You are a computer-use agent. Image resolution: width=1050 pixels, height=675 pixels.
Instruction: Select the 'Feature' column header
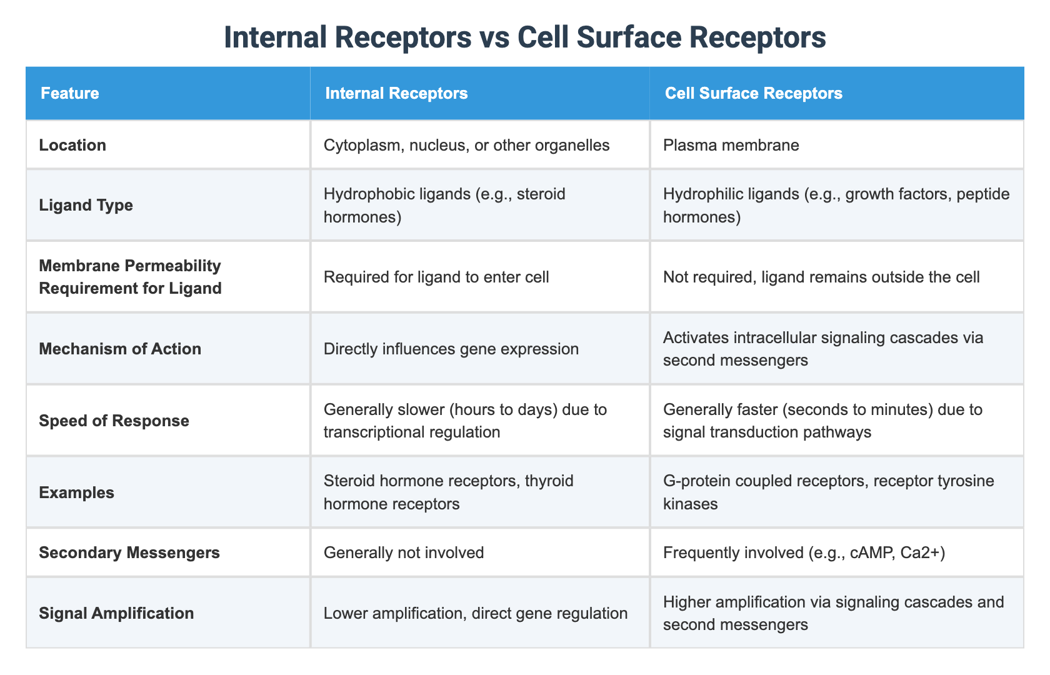coord(69,94)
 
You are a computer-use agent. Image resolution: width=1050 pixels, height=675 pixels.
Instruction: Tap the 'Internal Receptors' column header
coord(396,94)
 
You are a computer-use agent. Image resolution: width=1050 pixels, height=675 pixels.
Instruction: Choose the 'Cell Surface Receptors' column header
coord(753,94)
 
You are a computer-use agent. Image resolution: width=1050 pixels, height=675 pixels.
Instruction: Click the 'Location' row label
coord(72,146)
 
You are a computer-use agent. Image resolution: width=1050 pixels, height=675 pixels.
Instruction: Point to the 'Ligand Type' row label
coord(86,205)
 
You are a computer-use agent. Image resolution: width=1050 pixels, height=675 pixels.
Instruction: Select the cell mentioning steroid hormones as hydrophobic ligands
coord(444,205)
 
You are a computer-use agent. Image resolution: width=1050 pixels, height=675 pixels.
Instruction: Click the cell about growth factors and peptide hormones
coord(836,205)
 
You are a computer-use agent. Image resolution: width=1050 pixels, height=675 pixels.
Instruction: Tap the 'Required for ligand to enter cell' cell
coord(436,277)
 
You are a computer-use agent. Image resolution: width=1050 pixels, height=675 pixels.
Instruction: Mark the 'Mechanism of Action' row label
coord(120,349)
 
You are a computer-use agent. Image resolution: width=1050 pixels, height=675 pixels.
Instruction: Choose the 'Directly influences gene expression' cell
coord(451,349)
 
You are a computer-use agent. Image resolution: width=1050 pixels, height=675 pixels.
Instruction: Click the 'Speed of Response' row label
coord(114,421)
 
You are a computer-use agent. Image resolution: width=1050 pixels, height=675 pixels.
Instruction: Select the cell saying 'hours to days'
coord(466,421)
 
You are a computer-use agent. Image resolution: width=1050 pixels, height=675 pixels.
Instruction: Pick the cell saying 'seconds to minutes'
coord(822,421)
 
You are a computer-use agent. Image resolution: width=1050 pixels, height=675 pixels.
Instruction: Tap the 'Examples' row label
coord(76,492)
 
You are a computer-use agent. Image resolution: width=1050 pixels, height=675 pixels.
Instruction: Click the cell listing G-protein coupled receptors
coord(828,492)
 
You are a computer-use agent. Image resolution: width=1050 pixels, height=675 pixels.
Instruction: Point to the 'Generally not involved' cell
coord(404,552)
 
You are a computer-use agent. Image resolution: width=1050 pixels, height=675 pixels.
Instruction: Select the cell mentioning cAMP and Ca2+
coord(804,552)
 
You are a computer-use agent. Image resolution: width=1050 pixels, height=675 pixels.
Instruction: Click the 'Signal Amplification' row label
coord(116,613)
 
